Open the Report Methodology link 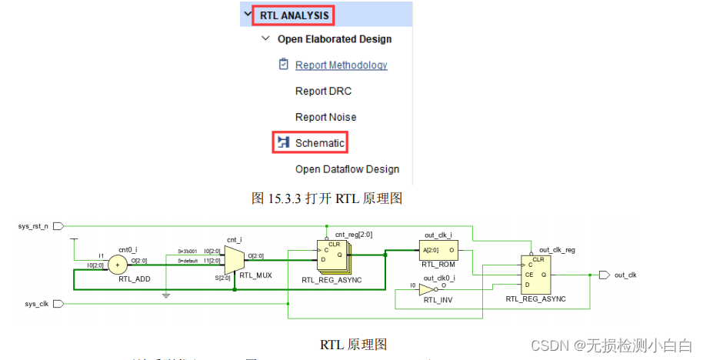tap(341, 65)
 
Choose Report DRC tap(323, 92)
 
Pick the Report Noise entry tap(325, 118)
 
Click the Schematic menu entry tap(319, 143)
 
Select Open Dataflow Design tap(347, 169)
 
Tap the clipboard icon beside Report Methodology tap(284, 65)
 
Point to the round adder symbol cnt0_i tap(118, 265)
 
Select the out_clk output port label tap(626, 275)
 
